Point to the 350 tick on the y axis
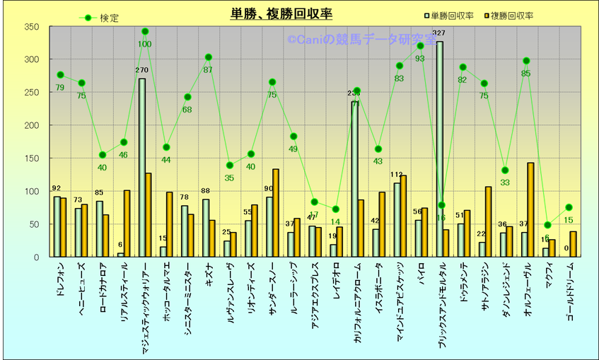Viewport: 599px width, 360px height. click(31, 27)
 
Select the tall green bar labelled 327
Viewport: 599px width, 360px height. click(439, 149)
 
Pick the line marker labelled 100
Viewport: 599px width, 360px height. click(145, 31)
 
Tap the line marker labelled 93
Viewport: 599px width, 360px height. click(420, 46)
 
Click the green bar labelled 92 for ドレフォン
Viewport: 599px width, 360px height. click(57, 226)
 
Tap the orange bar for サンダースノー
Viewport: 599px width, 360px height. click(276, 213)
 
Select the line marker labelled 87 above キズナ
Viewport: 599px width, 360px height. click(209, 57)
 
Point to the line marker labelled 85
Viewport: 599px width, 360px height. click(526, 61)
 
